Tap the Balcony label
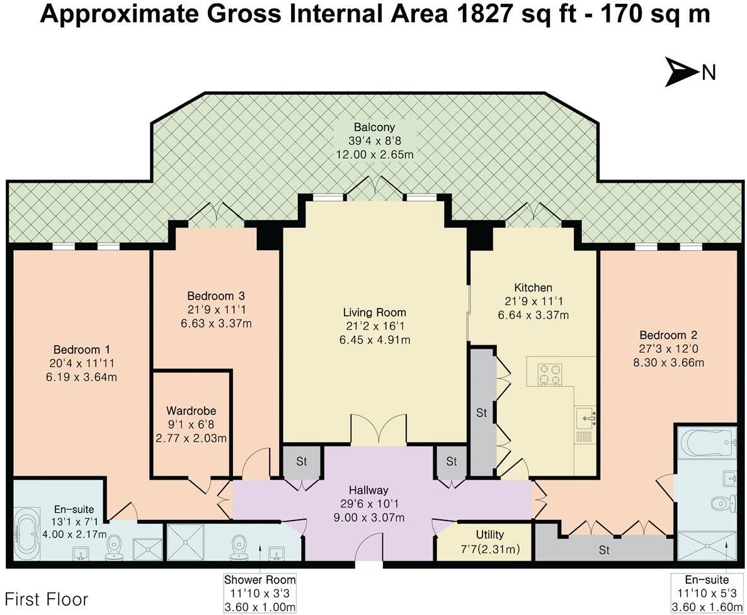pos(374,127)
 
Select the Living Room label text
pos(375,313)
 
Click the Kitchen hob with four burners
pos(550,374)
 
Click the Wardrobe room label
pos(191,411)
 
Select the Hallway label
pos(368,490)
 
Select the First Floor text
pos(46,599)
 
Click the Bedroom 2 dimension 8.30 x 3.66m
pos(668,363)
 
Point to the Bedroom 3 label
pos(216,296)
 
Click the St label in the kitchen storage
pos(482,413)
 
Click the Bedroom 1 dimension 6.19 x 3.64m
pos(81,377)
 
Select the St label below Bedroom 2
pos(604,551)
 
